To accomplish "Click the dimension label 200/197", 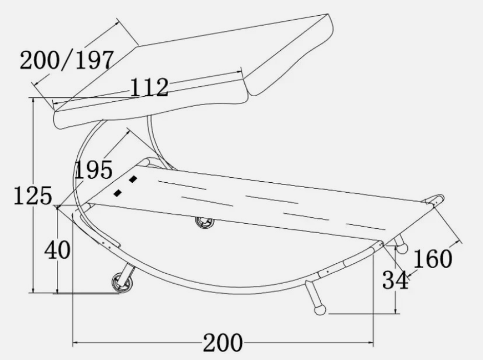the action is (67, 60).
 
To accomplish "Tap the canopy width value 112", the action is (150, 87).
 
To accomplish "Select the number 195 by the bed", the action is (93, 170).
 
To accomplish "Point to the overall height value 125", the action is (33, 196).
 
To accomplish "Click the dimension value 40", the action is (57, 250).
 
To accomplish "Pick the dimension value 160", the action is (432, 259).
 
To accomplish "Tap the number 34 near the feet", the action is (395, 280).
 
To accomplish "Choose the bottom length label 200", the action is (223, 342).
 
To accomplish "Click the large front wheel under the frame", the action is (123, 282).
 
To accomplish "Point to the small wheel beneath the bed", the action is (204, 222).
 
